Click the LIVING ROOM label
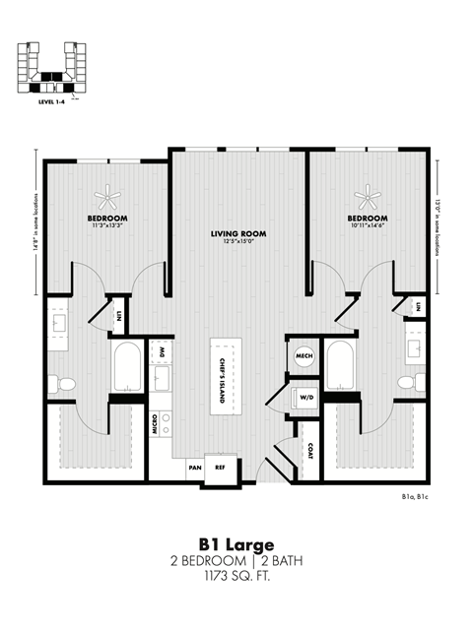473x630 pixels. pos(238,233)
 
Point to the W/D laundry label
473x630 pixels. pos(306,399)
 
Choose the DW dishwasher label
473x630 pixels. pos(162,351)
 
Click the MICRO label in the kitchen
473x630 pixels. pos(156,424)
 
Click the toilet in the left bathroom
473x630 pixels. pos(66,383)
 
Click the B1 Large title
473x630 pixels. pos(236,544)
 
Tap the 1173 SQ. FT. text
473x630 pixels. pos(236,576)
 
